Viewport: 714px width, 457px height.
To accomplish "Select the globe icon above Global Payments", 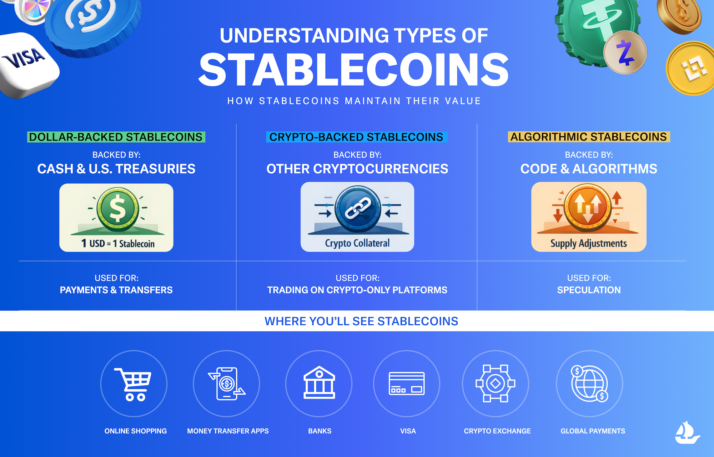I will (x=589, y=384).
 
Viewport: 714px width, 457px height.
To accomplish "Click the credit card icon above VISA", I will (x=407, y=384).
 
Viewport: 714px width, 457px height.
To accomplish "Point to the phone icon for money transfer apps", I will (x=227, y=384).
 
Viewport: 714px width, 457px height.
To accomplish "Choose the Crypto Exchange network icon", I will (x=496, y=384).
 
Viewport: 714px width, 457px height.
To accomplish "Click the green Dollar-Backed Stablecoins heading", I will (x=116, y=137).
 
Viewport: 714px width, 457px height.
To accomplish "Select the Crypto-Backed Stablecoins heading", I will (x=356, y=137).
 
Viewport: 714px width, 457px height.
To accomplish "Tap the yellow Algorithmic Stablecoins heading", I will (x=589, y=137).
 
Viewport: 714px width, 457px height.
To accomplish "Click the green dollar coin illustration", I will (x=117, y=209).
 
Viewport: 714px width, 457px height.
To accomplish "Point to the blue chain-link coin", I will (x=358, y=209).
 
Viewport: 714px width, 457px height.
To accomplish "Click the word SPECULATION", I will (x=589, y=290).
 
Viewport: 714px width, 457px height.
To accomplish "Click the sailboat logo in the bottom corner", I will (x=687, y=433).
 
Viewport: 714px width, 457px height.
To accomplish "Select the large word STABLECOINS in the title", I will (x=353, y=70).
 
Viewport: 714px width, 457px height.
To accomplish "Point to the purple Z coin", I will (x=625, y=53).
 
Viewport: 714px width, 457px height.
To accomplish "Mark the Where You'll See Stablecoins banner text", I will (x=361, y=321).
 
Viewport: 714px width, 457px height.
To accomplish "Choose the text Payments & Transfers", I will (x=116, y=290).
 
